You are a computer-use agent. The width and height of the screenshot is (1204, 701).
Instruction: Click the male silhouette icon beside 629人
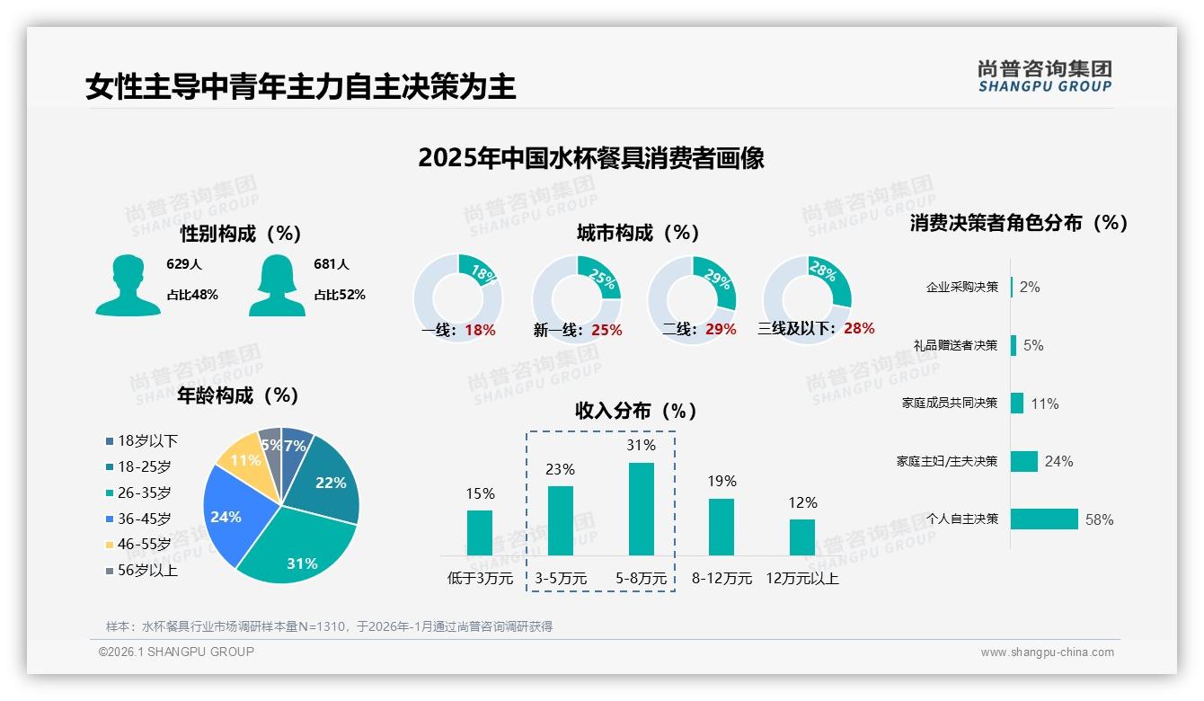coord(128,285)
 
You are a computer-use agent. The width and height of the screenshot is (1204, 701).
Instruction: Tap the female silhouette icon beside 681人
coord(277,285)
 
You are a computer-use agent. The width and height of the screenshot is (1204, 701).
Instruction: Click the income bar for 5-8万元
coord(641,509)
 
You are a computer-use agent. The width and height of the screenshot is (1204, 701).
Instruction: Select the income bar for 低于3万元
coord(480,533)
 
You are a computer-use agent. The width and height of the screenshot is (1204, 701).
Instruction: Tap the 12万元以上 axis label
coord(801,579)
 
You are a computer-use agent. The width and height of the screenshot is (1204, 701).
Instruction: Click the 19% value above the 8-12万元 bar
coord(722,481)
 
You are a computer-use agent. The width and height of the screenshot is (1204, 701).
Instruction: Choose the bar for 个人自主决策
coord(1044,519)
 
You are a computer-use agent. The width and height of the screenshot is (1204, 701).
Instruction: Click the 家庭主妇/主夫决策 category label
coord(946,461)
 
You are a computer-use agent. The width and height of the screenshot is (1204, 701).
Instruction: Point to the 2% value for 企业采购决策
coord(1030,287)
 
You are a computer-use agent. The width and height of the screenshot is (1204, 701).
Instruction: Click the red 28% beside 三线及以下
coord(859,329)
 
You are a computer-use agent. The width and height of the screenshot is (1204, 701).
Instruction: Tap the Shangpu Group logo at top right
coord(1044,75)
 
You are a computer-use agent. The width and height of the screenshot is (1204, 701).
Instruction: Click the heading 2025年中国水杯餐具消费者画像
coord(591,158)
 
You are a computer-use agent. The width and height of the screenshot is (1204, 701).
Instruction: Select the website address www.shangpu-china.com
coord(1047,652)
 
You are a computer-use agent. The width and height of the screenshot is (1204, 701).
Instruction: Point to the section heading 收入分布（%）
coord(636,411)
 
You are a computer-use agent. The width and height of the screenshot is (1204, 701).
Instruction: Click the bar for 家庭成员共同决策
coord(1017,403)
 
